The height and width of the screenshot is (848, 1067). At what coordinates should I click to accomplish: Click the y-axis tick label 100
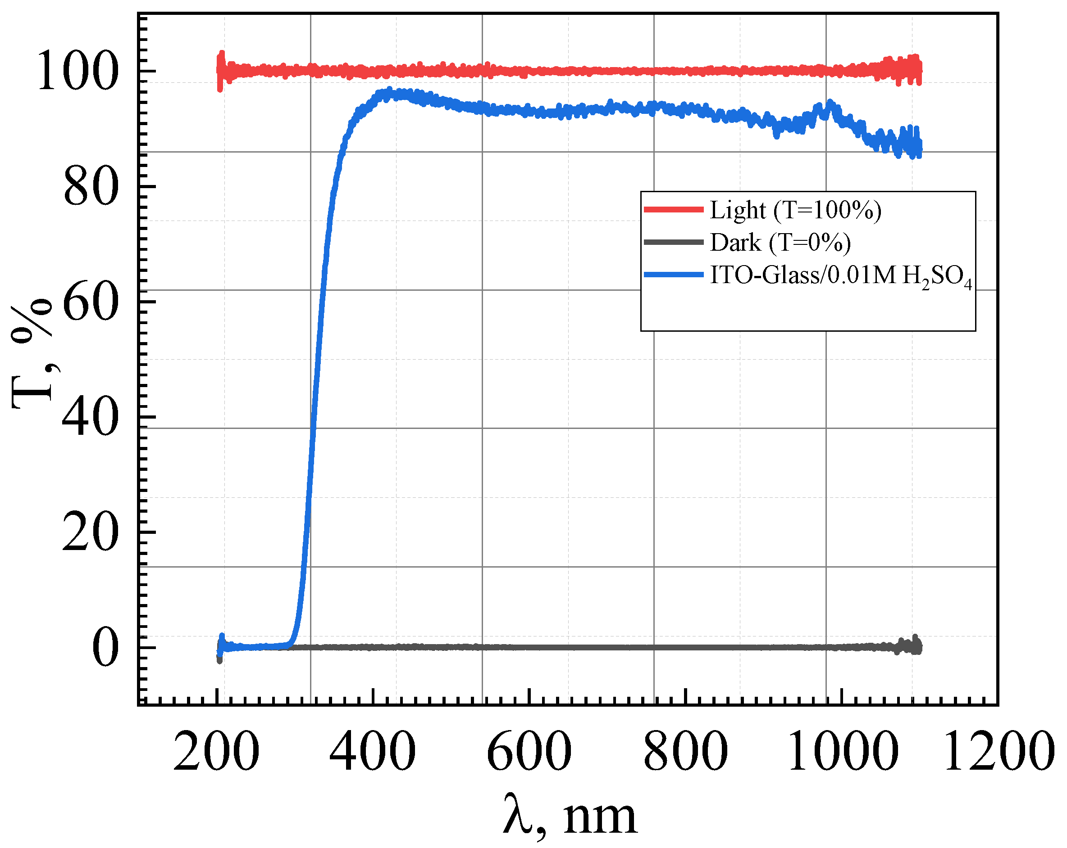click(x=78, y=71)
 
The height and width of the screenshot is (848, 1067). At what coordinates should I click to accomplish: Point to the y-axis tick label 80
click(x=91, y=187)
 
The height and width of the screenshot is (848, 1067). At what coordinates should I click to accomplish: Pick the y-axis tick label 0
click(x=105, y=648)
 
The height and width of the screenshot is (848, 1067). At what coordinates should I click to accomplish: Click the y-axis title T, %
click(x=32, y=353)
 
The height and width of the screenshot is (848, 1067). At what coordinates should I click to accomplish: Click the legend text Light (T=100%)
click(x=795, y=210)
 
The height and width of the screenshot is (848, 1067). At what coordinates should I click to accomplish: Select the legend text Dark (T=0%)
click(x=780, y=242)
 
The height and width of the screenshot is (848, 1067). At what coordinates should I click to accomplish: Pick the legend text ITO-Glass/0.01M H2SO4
click(x=841, y=276)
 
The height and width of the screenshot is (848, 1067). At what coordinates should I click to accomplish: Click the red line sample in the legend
click(x=674, y=210)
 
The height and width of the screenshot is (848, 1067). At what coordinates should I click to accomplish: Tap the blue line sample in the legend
click(x=674, y=275)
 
